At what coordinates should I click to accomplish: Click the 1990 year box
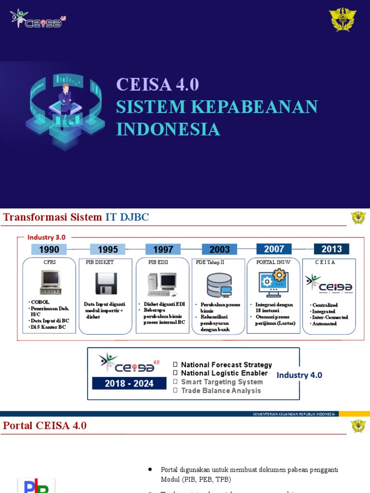click(x=49, y=249)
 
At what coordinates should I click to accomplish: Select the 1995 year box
click(x=107, y=249)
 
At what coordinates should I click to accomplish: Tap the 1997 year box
click(x=163, y=249)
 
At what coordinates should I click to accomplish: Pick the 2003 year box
click(x=220, y=249)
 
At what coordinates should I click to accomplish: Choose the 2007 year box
click(x=274, y=249)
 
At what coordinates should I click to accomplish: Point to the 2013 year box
click(x=331, y=249)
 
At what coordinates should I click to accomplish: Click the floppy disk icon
click(x=106, y=284)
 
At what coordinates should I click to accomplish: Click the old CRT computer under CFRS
click(x=50, y=282)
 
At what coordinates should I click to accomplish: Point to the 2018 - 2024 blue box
click(x=123, y=384)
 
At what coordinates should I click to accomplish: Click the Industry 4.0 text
click(x=299, y=375)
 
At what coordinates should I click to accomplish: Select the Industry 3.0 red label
click(x=46, y=237)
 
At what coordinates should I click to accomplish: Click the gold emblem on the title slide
click(x=343, y=20)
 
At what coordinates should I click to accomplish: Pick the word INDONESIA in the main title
click(x=168, y=130)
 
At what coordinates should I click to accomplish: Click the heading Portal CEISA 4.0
click(x=45, y=426)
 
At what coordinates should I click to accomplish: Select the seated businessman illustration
click(x=65, y=99)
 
